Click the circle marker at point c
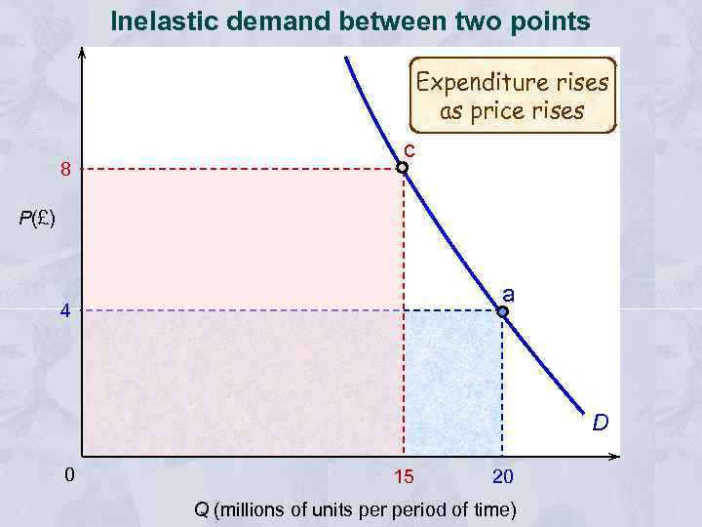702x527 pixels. click(x=402, y=168)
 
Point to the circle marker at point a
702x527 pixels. click(x=502, y=312)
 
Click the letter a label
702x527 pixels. click(x=508, y=293)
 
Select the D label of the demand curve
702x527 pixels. click(x=601, y=422)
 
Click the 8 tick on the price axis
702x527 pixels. click(x=65, y=170)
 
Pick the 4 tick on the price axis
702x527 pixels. click(x=65, y=312)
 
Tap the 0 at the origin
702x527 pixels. click(x=68, y=476)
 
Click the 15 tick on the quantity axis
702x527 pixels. click(x=403, y=477)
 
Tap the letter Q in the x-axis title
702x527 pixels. click(x=202, y=509)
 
